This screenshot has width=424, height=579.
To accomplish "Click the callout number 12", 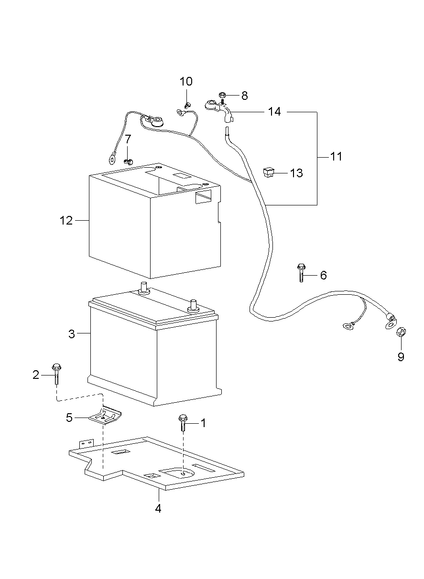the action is click(66, 221).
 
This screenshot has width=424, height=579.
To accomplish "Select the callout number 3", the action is click(72, 334).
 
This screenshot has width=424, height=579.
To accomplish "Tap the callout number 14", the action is click(274, 112).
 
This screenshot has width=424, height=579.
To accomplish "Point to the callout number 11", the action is click(336, 156).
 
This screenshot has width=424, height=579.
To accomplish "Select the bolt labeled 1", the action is click(183, 423).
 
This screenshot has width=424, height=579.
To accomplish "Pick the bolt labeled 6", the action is click(301, 273).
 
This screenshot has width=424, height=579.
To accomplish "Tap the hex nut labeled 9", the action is click(401, 332).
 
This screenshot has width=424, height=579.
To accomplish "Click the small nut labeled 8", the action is click(222, 95).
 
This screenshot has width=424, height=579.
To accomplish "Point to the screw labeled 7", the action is click(128, 161).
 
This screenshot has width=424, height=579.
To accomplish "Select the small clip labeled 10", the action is click(187, 105).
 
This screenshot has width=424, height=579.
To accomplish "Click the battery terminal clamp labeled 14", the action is click(220, 110).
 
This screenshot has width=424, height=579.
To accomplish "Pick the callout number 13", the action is click(296, 173).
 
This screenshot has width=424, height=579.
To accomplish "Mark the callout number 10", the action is click(186, 81).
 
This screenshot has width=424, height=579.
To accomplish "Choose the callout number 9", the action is click(401, 357).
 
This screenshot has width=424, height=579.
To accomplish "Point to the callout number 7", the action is click(128, 139).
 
